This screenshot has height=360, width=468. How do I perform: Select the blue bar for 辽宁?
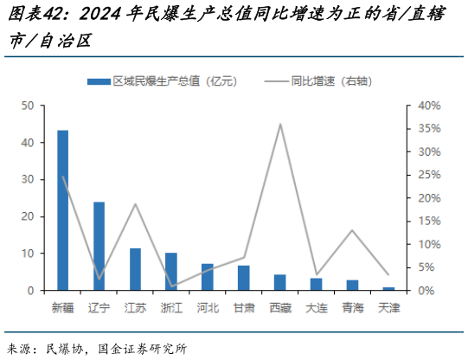pos(99,247)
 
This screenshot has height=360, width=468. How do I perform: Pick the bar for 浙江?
pos(171,272)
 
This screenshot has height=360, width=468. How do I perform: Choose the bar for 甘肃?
pos(244,278)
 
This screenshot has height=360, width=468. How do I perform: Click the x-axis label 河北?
pos(208,306)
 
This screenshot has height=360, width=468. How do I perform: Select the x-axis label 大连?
pos(316,306)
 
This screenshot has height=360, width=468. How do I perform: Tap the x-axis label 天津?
pos(388,306)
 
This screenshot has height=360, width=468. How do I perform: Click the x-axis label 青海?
pos(352,306)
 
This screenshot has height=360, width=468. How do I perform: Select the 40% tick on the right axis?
pos(430,106)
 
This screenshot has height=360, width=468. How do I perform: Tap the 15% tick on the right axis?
pos(430,222)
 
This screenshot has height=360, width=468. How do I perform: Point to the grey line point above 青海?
pos(352,230)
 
